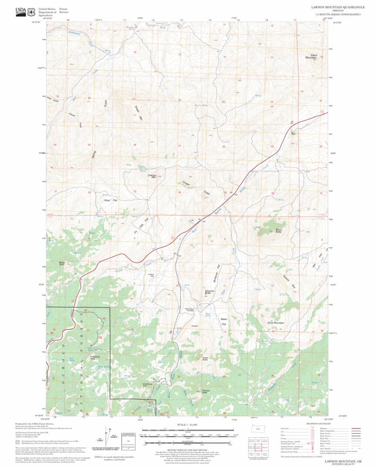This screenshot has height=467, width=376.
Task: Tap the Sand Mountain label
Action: click(311, 56)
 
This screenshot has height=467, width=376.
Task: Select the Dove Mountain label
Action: click(275, 323)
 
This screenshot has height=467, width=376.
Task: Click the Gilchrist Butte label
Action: click(208, 292)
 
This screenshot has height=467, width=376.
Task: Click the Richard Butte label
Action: click(207, 391)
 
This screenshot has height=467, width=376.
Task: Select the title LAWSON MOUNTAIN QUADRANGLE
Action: click(336, 7)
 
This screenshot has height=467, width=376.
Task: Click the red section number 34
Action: click(179, 192)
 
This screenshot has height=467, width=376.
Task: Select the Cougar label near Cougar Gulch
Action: click(185, 183)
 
